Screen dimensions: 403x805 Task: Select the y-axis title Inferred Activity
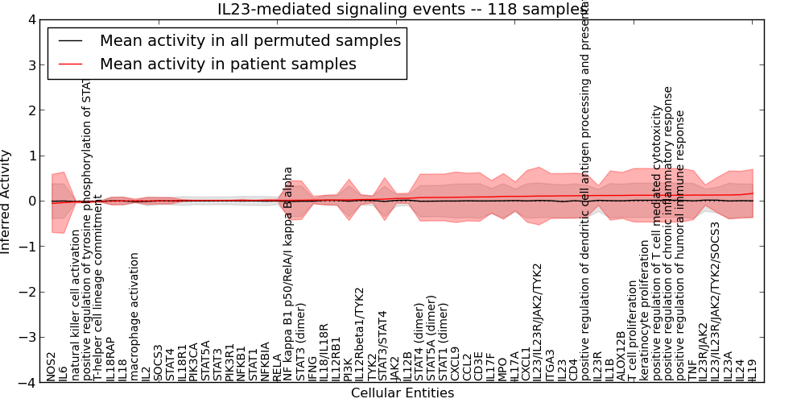[x=6, y=201]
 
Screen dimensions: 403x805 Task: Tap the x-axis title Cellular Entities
[x=402, y=393]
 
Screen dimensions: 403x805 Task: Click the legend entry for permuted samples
[x=250, y=40]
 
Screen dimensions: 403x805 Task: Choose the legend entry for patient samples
[x=228, y=63]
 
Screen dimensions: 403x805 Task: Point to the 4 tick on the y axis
[x=31, y=19]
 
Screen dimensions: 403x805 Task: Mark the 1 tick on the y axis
[x=31, y=156]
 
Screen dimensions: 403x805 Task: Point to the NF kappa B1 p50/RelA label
[x=288, y=274]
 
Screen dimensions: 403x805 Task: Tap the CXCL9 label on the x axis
[x=455, y=364]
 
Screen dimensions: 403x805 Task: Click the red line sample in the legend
[x=71, y=63]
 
